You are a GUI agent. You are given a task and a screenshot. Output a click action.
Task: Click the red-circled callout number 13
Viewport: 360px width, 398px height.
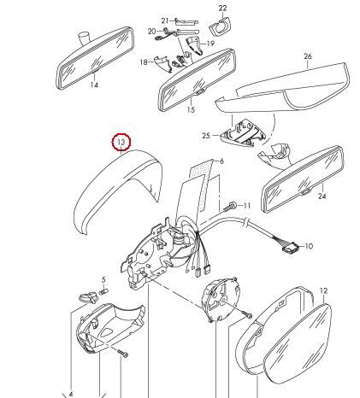pyautogui.click(x=121, y=142)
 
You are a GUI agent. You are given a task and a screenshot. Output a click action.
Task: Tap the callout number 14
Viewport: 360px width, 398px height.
pyautogui.click(x=94, y=85)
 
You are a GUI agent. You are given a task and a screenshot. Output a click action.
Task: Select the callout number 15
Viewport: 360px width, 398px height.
pyautogui.click(x=191, y=109)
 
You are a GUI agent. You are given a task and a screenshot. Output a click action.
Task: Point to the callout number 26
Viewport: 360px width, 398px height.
pyautogui.click(x=308, y=56)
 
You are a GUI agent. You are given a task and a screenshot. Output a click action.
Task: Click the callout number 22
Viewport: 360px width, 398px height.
pyautogui.click(x=222, y=8)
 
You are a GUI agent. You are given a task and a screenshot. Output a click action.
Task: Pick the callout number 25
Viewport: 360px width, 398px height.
pyautogui.click(x=206, y=136)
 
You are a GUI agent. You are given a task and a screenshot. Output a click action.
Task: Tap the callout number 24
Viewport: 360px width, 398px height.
pyautogui.click(x=322, y=196)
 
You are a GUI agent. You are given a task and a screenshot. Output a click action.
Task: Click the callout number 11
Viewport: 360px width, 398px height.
pyautogui.click(x=247, y=206)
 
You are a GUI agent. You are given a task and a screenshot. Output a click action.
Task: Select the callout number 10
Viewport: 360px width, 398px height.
pyautogui.click(x=309, y=246)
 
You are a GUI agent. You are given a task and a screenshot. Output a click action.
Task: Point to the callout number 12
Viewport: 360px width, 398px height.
pyautogui.click(x=323, y=290)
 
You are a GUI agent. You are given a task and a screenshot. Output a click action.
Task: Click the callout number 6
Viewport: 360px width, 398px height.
pyautogui.click(x=221, y=161)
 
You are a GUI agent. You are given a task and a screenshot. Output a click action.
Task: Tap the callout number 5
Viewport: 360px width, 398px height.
pyautogui.click(x=103, y=279)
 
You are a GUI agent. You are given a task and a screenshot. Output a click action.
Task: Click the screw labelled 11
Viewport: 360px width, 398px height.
pyautogui.click(x=230, y=206)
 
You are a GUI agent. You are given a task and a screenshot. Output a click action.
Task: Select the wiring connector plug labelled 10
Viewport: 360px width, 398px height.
pyautogui.click(x=291, y=249)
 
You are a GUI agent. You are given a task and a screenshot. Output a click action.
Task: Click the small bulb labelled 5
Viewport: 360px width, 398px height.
pyautogui.click(x=103, y=292)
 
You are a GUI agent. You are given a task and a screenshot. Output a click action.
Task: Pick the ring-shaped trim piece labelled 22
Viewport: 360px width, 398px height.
pyautogui.click(x=220, y=26)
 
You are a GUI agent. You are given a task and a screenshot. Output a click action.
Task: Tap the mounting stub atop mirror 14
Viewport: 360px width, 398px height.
pyautogui.click(x=84, y=38)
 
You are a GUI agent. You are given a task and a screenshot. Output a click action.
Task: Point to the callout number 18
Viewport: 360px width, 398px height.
pyautogui.click(x=144, y=61)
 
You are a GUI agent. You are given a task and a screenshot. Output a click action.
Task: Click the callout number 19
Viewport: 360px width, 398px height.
pyautogui.click(x=210, y=44)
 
